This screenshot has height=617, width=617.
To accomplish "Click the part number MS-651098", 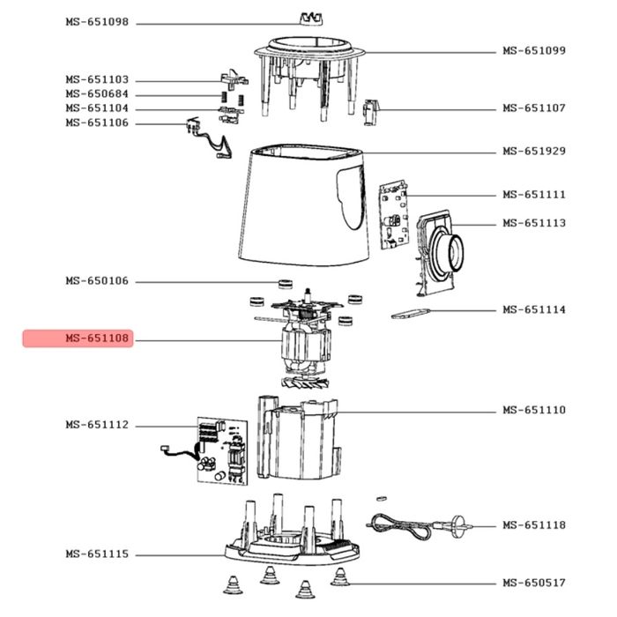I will (96, 22).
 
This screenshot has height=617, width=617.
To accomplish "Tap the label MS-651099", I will (534, 51).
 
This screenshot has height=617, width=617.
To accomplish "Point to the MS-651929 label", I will (534, 151).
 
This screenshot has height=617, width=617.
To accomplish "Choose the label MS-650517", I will (534, 583).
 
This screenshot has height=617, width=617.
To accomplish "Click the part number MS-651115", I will (96, 554).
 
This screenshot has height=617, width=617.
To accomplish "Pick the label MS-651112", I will (96, 425).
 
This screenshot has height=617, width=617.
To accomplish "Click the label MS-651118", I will (534, 525).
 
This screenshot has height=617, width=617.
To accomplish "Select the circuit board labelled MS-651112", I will (220, 450).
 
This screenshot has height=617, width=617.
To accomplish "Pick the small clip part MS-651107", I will (372, 111).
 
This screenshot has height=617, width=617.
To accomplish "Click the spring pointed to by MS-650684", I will (222, 94).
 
